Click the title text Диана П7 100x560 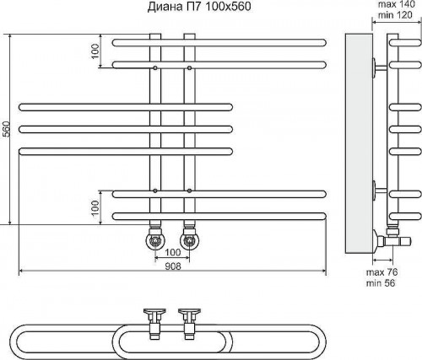pyautogui.click(x=199, y=7)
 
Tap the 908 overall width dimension pyautogui.click(x=173, y=266)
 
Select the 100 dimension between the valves pyautogui.click(x=172, y=252)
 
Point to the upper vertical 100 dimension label pyautogui.click(x=95, y=51)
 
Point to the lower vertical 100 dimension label pyautogui.click(x=95, y=207)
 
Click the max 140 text pyautogui.click(x=396, y=4)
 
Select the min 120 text pyautogui.click(x=395, y=14)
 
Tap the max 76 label pyautogui.click(x=381, y=272)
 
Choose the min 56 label pyautogui.click(x=381, y=282)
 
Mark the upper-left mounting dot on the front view pyautogui.click(x=155, y=67)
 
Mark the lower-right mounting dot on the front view pyautogui.click(x=190, y=191)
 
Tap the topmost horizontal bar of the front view pyautogui.click(x=219, y=43)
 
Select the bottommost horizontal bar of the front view pyautogui.click(x=219, y=217)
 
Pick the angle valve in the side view pyautogui.click(x=391, y=239)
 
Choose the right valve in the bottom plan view pyautogui.click(x=189, y=323)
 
